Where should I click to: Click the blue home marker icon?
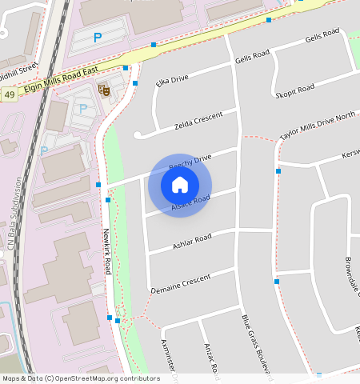coord(180,185)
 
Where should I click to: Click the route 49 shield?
coord(9,94)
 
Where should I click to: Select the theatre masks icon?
coord(102,90)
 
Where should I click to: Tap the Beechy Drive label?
coord(190,162)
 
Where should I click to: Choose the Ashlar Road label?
coord(192,242)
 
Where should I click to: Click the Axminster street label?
coord(170,357)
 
